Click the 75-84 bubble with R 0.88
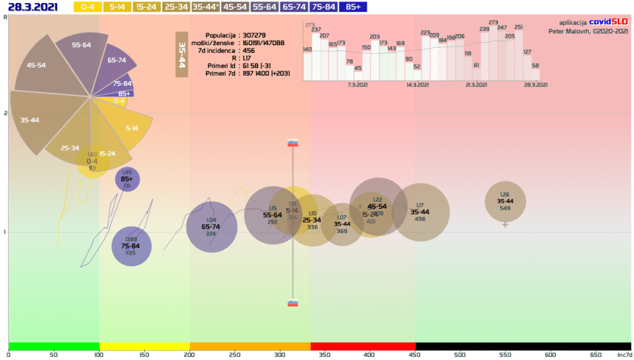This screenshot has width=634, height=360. (131, 246)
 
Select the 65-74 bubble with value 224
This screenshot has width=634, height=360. (211, 227)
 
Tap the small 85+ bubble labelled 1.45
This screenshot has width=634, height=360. (127, 179)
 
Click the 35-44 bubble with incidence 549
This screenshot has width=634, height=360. (505, 201)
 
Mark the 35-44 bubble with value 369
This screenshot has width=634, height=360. (342, 224)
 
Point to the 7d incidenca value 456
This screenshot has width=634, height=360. (249, 51)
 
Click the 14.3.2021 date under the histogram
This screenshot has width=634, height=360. (418, 85)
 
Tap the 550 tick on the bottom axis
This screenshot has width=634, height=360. (505, 354)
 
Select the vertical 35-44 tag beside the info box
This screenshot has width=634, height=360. (181, 55)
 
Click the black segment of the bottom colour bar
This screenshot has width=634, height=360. (523, 346)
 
